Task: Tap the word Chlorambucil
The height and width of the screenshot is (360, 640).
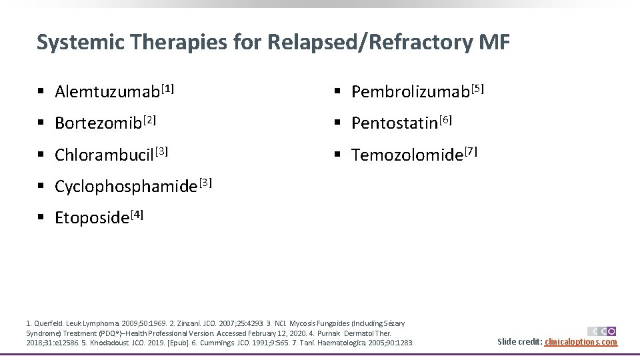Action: pos(104,155)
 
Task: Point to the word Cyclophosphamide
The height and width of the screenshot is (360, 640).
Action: pos(125,187)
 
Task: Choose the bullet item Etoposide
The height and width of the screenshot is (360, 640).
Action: pos(91,218)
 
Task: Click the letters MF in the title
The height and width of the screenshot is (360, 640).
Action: pos(494,43)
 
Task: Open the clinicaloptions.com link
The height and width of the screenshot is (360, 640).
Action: pos(581,342)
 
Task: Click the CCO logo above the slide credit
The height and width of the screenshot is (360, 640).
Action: pos(601,331)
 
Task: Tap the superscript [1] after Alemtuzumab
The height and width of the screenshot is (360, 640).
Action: pos(167,87)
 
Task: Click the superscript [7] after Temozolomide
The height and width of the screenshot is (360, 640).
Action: pos(471,151)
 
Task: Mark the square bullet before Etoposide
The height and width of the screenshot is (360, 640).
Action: pos(41,218)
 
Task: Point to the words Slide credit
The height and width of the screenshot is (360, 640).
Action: pos(519,342)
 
